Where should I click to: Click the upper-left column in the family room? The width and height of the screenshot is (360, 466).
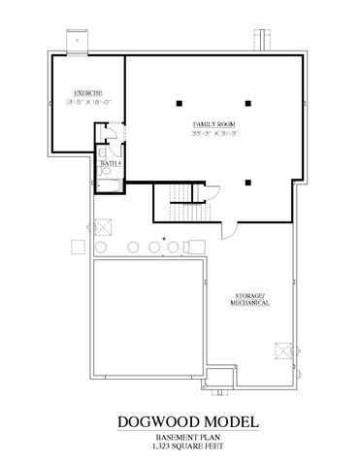pyautogui.click(x=180, y=101)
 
